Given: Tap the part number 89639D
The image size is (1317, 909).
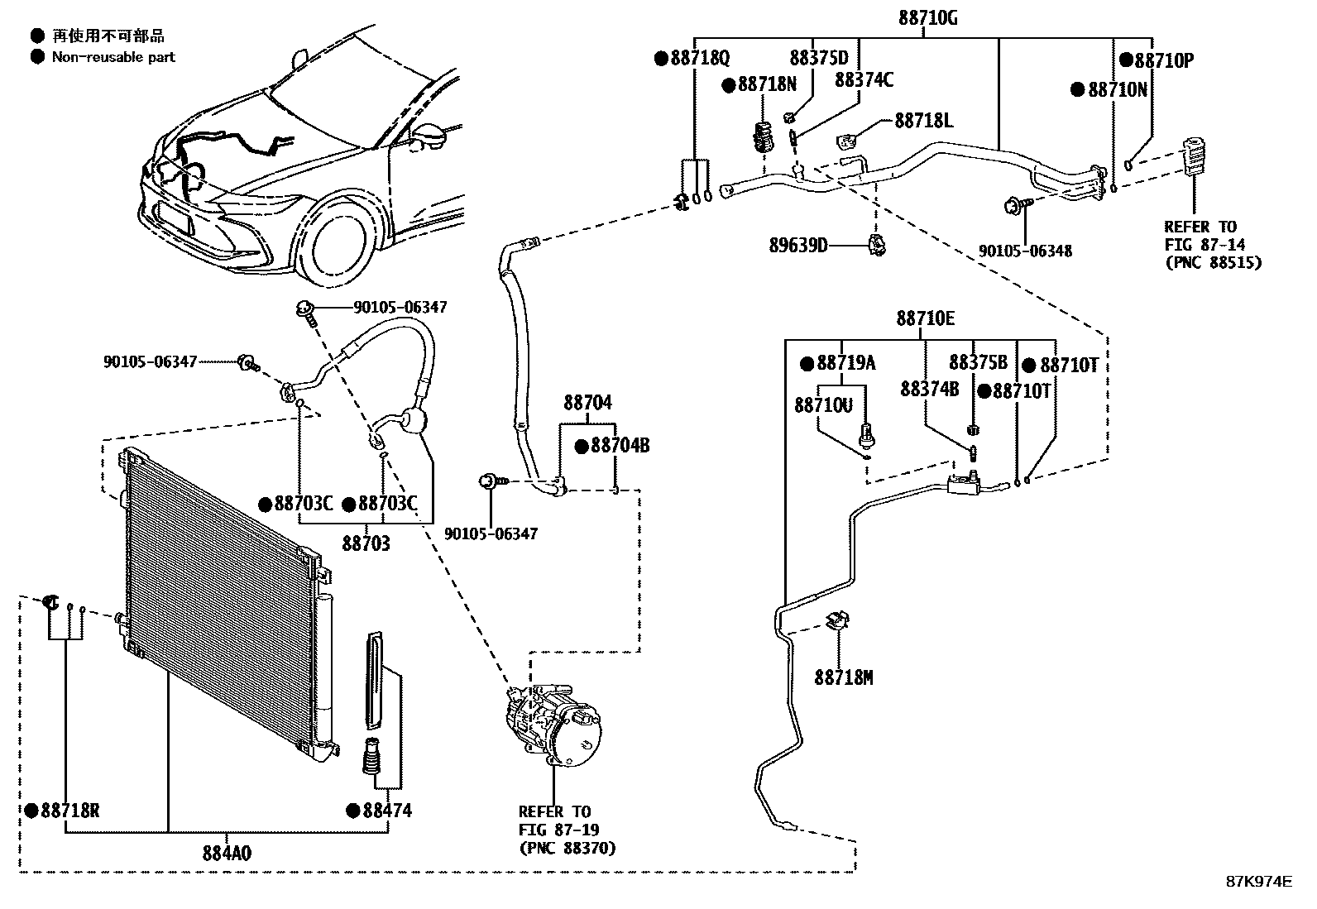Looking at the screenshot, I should coord(798,245).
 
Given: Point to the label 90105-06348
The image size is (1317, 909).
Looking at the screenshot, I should coord(1025,251).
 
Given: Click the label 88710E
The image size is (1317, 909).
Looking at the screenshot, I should coord(924,318).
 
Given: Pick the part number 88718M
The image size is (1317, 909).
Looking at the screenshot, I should coord(843,678).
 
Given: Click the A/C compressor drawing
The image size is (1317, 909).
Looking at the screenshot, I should coord(550,720).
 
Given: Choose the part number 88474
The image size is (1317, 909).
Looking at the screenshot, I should coord(386,811).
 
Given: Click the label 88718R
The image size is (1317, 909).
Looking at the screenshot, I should coord(69,811).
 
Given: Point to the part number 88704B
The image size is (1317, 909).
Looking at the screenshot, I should coord(620,447).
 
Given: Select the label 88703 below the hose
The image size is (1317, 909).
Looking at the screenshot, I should coord(366,543).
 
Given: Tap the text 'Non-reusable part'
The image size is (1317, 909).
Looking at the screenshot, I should coord(113,57).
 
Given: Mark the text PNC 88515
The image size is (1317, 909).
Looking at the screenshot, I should coord(1213,263).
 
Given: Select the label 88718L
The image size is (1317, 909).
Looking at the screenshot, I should coord(923,122).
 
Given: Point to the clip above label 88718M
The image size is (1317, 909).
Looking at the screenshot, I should coord(840,621).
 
